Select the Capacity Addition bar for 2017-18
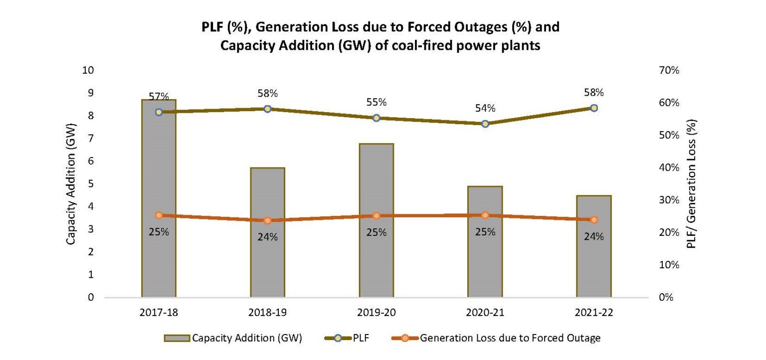point(159,199)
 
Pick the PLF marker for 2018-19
point(267,109)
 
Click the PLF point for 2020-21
point(485,123)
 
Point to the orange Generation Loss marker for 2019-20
point(377,216)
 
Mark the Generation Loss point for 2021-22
point(594,220)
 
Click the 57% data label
point(159,96)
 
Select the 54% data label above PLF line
point(485,108)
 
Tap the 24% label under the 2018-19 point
point(267,237)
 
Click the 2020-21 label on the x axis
point(485,313)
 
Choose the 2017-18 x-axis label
point(159,313)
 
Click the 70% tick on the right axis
point(669,70)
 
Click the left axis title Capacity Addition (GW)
point(71,184)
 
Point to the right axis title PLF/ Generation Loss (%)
point(691,184)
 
